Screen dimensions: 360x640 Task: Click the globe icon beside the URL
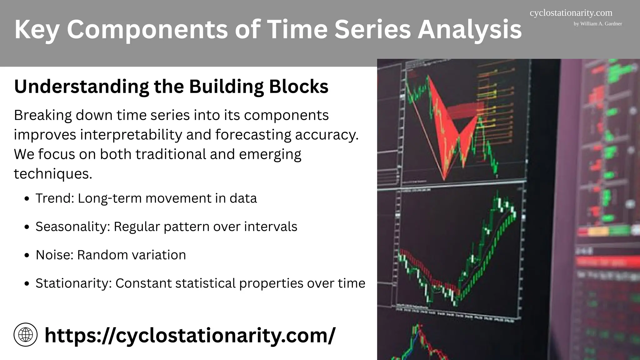click(26, 335)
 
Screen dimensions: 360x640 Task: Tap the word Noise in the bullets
click(54, 255)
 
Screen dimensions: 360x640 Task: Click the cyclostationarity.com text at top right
click(571, 13)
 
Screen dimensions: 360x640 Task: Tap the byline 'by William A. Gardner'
click(597, 24)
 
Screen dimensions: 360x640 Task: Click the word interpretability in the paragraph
click(131, 135)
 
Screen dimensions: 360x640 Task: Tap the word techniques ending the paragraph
click(52, 173)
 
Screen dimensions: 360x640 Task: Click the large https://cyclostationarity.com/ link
click(190, 335)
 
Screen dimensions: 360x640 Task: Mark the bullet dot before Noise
click(27, 255)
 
